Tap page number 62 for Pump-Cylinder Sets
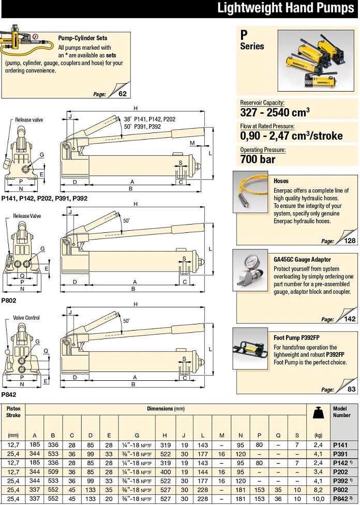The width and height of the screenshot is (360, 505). [122, 94]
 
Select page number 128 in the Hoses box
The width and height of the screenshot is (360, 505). [350, 241]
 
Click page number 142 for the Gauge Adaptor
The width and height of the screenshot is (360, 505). [350, 319]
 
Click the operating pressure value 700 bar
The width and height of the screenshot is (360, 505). [258, 158]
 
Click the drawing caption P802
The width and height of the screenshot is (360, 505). [8, 300]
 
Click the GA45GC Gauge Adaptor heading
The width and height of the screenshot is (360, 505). [302, 259]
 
